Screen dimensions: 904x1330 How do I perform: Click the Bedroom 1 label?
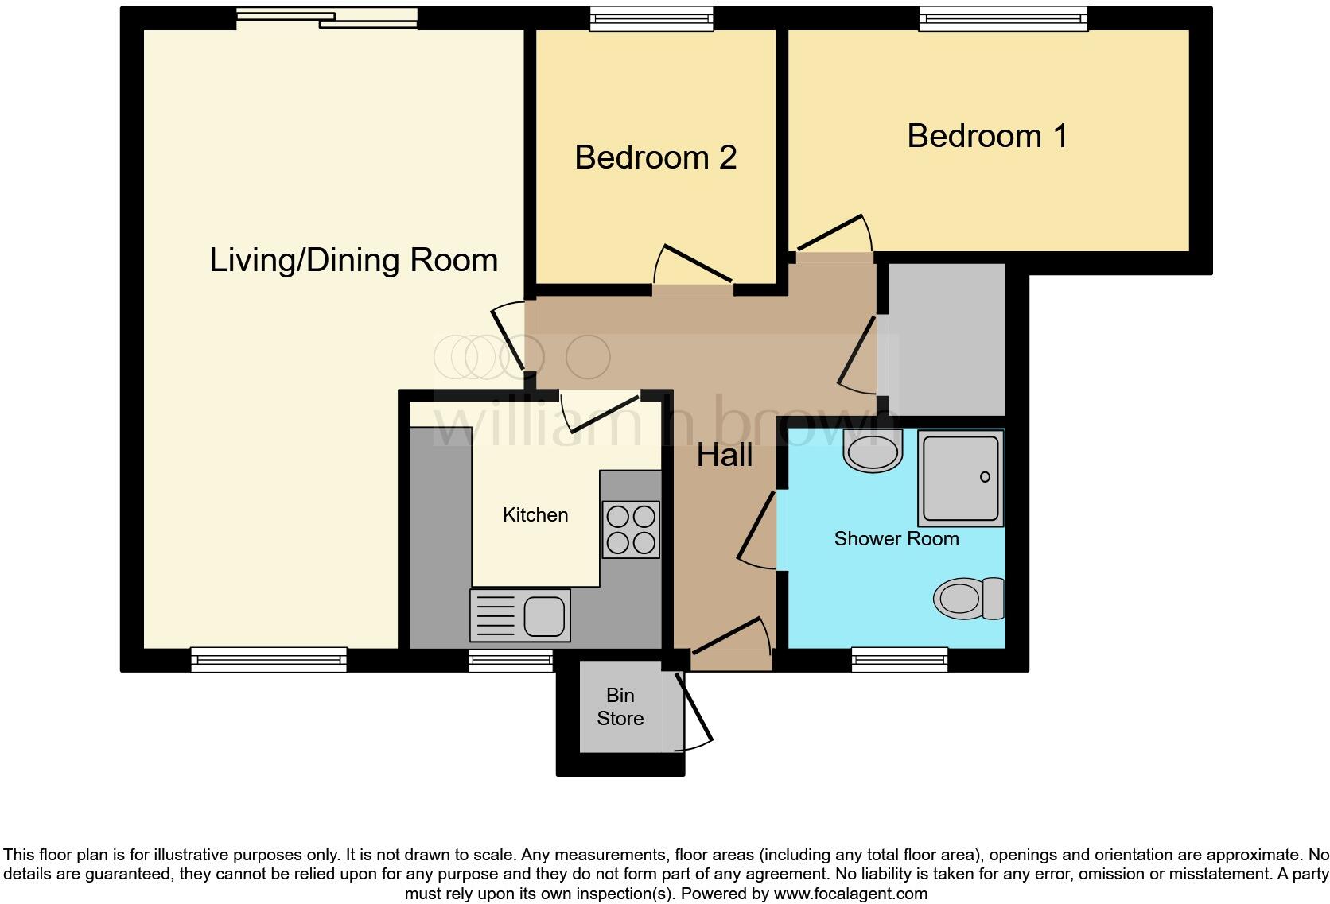tap(987, 136)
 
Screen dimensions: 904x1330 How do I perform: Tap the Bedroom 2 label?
tap(655, 157)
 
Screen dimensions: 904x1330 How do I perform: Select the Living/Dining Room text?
tap(353, 260)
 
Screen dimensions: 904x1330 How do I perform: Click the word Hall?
tap(725, 456)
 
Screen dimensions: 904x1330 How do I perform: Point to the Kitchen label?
tap(535, 515)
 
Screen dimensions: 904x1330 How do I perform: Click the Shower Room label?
tap(896, 539)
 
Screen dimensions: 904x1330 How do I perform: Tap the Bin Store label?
tap(620, 707)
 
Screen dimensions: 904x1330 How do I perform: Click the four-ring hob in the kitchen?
tap(631, 530)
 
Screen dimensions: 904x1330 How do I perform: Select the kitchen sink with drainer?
tap(520, 615)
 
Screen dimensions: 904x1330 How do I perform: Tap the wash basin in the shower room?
tap(873, 452)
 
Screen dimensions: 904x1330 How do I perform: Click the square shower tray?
tap(960, 479)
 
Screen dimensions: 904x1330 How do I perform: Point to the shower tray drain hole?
tap(985, 477)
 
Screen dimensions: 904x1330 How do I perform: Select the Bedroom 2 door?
tap(694, 264)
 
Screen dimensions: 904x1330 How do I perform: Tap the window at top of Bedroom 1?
tap(1003, 18)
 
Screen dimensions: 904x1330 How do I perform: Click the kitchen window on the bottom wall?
tap(511, 660)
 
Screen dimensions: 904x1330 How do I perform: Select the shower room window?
tap(900, 659)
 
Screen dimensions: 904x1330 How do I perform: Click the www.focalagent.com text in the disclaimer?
tap(850, 894)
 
